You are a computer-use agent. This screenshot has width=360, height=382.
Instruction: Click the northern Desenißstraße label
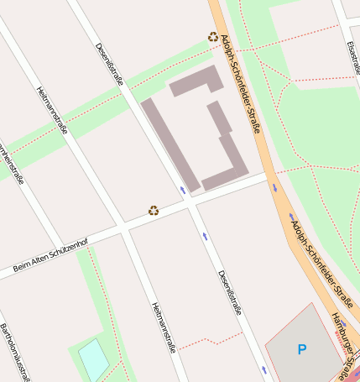click(110, 65)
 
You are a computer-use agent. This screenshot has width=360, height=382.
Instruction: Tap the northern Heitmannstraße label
click(52, 111)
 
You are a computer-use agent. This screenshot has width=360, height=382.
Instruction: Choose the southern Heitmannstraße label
click(164, 327)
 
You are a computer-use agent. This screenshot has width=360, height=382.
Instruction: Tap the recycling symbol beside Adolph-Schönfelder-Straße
click(213, 37)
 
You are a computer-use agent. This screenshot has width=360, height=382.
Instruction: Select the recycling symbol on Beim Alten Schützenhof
click(154, 210)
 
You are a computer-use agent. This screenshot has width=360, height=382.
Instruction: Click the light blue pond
click(93, 359)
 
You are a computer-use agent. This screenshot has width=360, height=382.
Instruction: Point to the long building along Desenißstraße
click(170, 144)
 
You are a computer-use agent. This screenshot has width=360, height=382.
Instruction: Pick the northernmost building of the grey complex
click(196, 81)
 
